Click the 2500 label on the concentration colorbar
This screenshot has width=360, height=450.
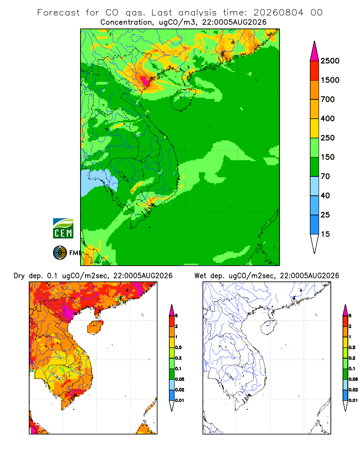tap(330, 61)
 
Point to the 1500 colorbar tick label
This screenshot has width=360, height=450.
tap(330, 80)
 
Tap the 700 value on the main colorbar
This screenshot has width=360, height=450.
tap(328, 99)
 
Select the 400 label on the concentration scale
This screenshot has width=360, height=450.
tap(328, 118)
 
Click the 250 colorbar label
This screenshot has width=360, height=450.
tap(328, 138)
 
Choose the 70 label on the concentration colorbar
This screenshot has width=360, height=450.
tap(325, 176)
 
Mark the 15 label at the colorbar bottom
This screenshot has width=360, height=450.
tap(325, 234)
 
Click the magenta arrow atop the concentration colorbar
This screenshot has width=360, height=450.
tap(315, 52)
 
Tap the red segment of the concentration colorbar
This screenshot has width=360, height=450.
tap(315, 71)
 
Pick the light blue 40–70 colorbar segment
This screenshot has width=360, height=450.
tap(315, 186)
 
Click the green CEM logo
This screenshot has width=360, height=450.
tap(63, 229)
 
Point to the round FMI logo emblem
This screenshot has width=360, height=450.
tap(60, 253)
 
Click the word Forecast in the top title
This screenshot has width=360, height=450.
tap(58, 13)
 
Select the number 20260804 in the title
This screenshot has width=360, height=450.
tap(278, 13)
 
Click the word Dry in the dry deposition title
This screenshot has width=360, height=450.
tap(19, 276)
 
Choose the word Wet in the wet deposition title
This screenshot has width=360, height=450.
tap(200, 276)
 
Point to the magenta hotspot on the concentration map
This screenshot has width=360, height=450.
tap(145, 81)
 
